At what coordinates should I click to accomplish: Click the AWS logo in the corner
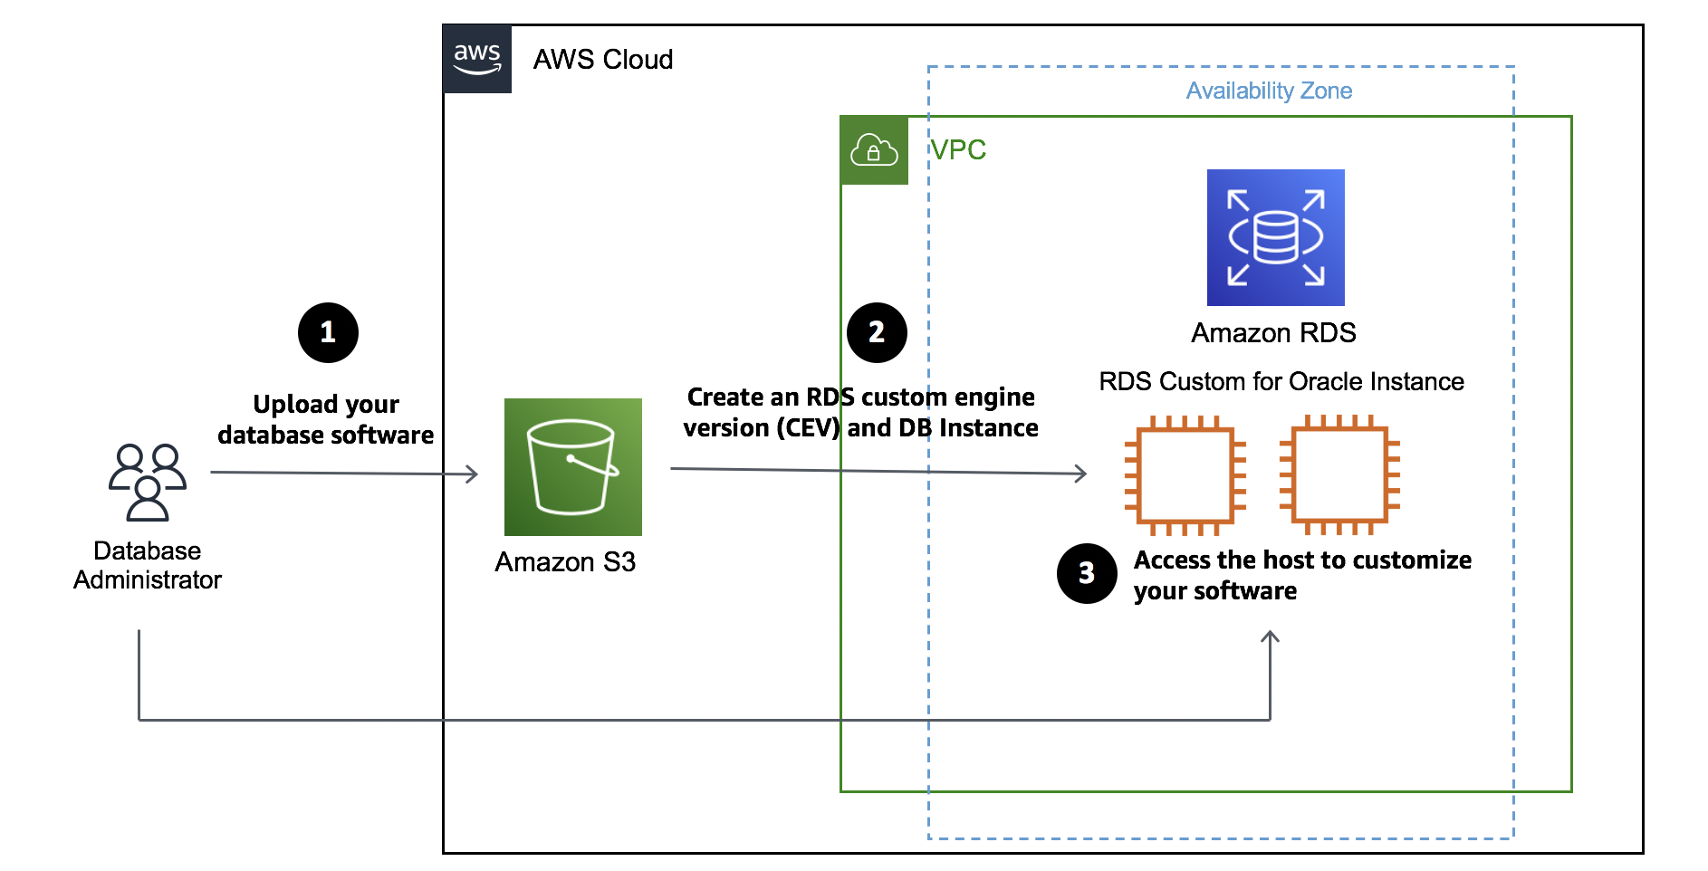(477, 59)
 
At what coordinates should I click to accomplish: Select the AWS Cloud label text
(602, 60)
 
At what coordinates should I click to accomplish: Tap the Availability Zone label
(1269, 91)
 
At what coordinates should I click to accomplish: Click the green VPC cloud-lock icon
(874, 150)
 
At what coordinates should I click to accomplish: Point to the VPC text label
(958, 149)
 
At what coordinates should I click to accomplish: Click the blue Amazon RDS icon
(1275, 237)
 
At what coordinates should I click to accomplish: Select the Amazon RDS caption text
(1273, 333)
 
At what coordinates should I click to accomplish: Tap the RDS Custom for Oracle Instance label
(1281, 381)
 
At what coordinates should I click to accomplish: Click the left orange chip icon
(1185, 475)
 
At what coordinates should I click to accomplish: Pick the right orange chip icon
(1339, 475)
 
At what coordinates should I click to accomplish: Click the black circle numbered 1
(328, 332)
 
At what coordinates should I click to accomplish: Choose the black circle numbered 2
(877, 332)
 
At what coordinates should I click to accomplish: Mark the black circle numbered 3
(1087, 573)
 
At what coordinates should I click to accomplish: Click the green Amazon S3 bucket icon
(572, 467)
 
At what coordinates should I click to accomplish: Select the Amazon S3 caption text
(565, 562)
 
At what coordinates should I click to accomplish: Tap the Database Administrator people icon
(148, 482)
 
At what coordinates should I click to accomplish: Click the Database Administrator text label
(148, 565)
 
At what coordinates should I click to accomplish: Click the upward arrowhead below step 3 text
(1270, 636)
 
